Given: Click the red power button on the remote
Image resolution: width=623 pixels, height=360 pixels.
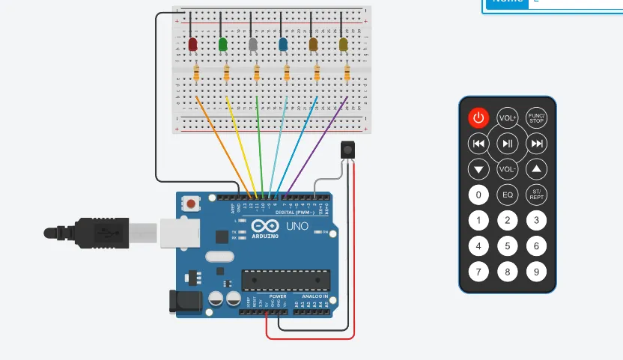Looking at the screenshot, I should pyautogui.click(x=479, y=118).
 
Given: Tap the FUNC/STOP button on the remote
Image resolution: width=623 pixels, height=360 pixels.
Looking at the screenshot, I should pyautogui.click(x=536, y=118).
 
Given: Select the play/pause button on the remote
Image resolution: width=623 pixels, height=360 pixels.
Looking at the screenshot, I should pyautogui.click(x=508, y=144).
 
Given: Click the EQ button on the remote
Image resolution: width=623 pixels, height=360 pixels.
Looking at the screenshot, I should pyautogui.click(x=508, y=195).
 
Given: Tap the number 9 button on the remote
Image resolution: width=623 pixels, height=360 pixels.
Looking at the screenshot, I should pyautogui.click(x=536, y=271).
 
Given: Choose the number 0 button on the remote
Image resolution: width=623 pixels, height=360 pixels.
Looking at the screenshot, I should pyautogui.click(x=479, y=195).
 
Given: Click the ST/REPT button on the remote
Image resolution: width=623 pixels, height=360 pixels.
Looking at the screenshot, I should pyautogui.click(x=536, y=195).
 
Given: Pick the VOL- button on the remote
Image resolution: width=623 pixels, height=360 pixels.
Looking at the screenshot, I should pyautogui.click(x=508, y=169).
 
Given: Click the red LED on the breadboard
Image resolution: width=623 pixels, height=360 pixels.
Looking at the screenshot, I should pyautogui.click(x=192, y=46).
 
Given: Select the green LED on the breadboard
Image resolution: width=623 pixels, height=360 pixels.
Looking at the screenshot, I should pyautogui.click(x=222, y=46).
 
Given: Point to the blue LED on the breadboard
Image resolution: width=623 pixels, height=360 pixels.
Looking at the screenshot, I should pyautogui.click(x=283, y=46).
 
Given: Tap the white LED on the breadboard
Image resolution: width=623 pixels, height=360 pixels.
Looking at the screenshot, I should pyautogui.click(x=252, y=46).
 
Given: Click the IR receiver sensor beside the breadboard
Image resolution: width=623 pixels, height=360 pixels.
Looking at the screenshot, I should pyautogui.click(x=347, y=150).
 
